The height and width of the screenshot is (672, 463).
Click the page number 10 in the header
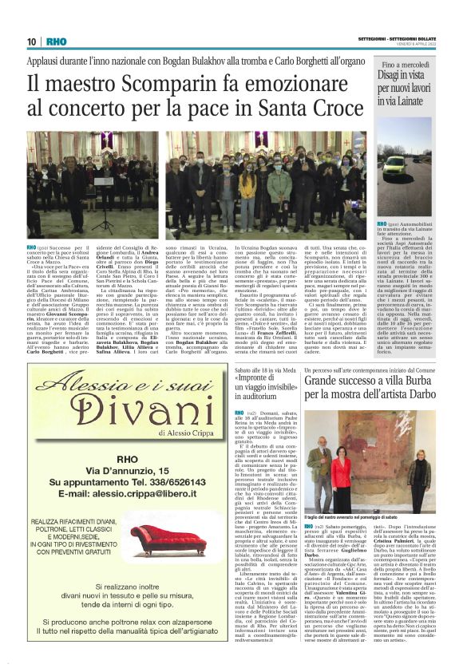click(x=32, y=42)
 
